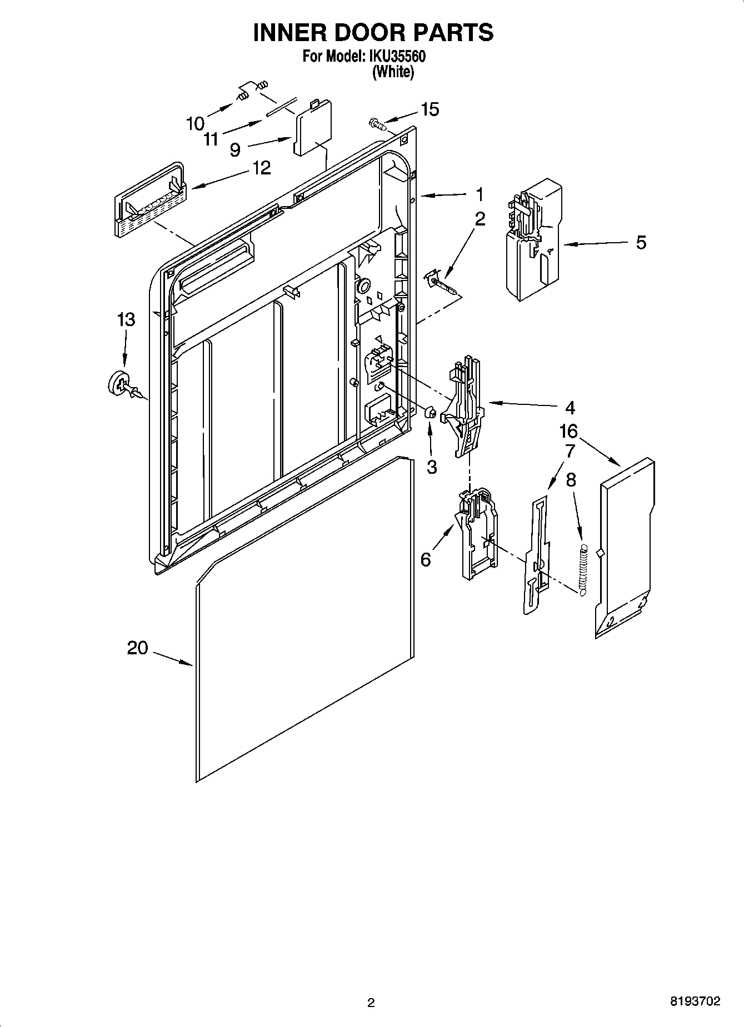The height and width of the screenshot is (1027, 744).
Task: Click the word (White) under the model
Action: [x=393, y=72]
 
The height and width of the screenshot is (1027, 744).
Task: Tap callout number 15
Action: [x=430, y=109]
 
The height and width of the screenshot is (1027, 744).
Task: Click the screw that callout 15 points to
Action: [x=377, y=123]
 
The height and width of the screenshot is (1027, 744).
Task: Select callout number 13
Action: [x=126, y=319]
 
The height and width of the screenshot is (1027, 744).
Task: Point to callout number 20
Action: [x=138, y=648]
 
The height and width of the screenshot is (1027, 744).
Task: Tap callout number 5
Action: [x=641, y=243]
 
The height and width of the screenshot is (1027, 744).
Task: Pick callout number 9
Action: [x=235, y=149]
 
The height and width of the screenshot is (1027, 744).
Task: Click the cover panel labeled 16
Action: [x=625, y=547]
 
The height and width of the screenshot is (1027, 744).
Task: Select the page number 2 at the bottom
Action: [x=371, y=1003]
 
